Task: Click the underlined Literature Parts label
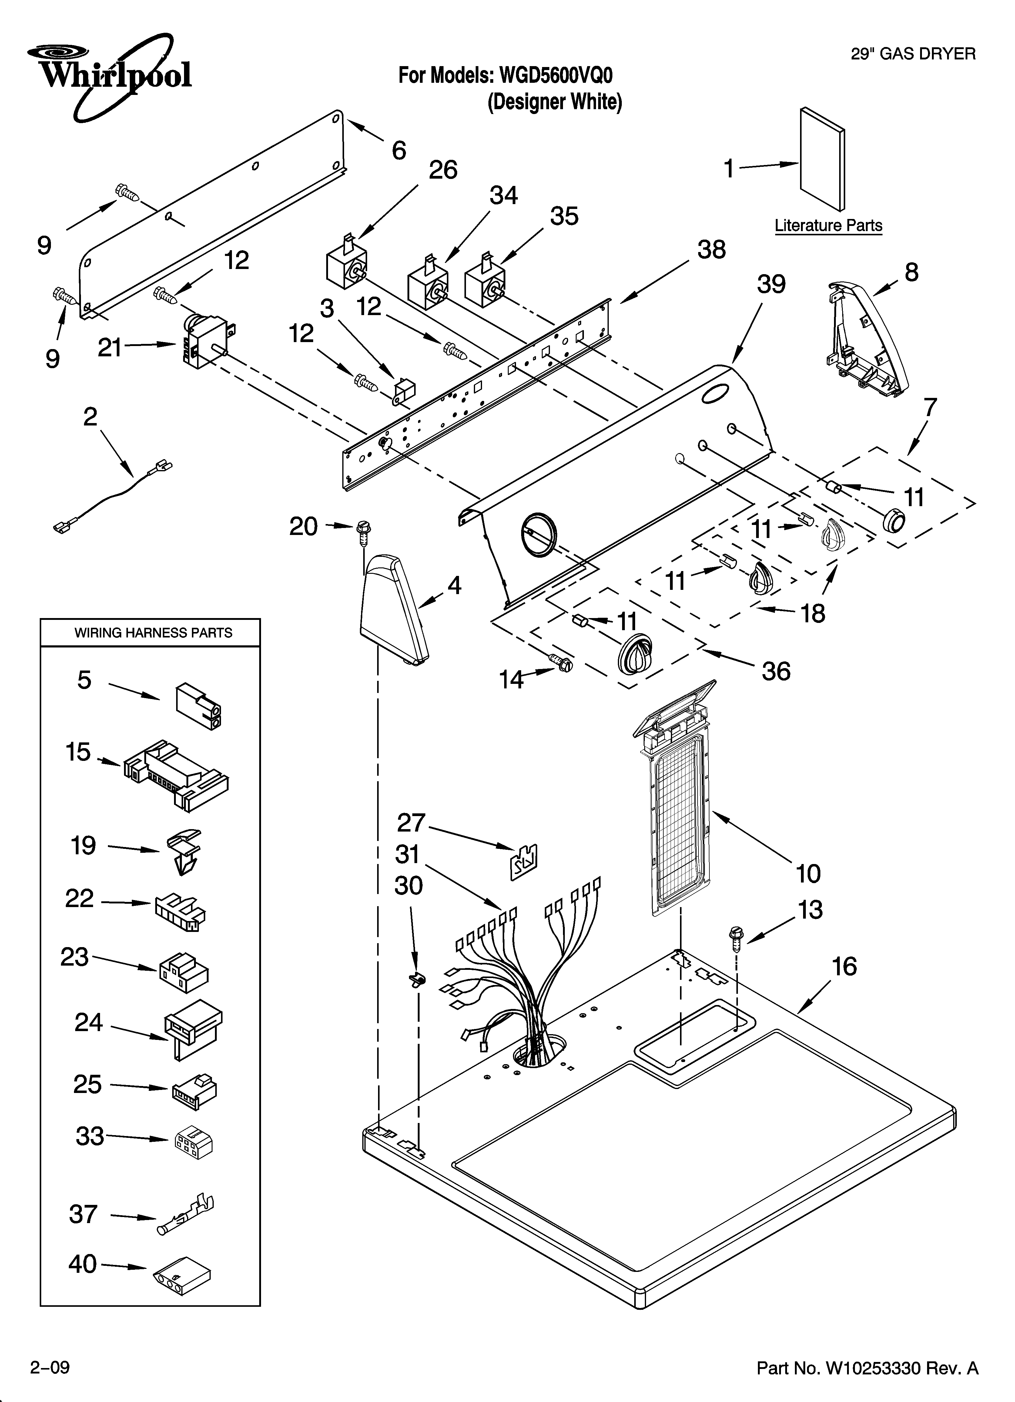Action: [x=828, y=226]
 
